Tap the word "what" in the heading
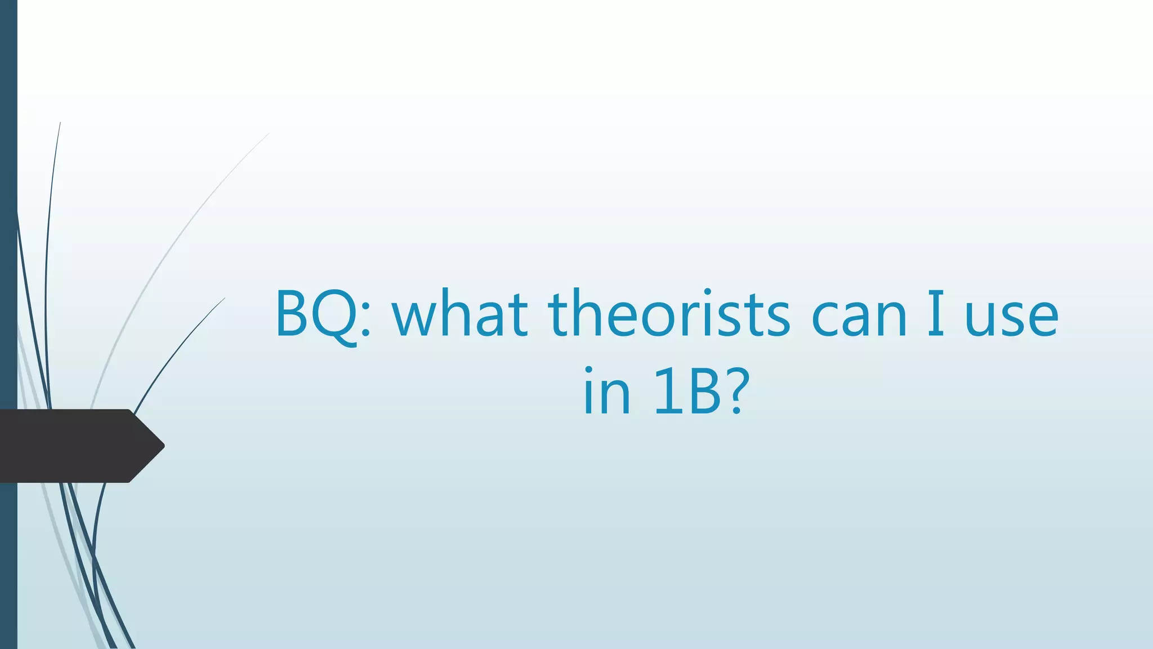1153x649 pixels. tap(461, 314)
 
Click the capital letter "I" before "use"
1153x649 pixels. tap(935, 313)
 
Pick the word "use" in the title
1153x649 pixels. tap(1012, 319)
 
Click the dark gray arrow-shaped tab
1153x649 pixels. tap(73, 446)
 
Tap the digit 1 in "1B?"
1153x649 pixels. tap(665, 391)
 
